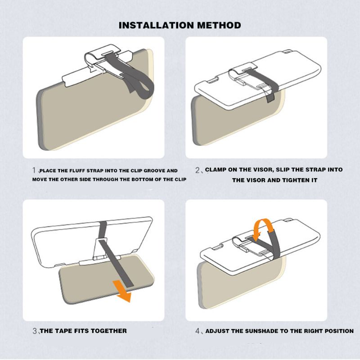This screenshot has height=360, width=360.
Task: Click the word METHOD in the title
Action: pos(219,25)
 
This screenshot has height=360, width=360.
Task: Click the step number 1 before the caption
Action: pos(34,170)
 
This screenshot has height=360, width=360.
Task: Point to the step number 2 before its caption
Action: pos(198,170)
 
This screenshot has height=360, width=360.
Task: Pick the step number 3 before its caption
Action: pos(35,331)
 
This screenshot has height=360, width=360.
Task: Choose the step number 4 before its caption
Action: pos(198,331)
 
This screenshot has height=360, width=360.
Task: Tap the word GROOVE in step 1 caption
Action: pos(154,171)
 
